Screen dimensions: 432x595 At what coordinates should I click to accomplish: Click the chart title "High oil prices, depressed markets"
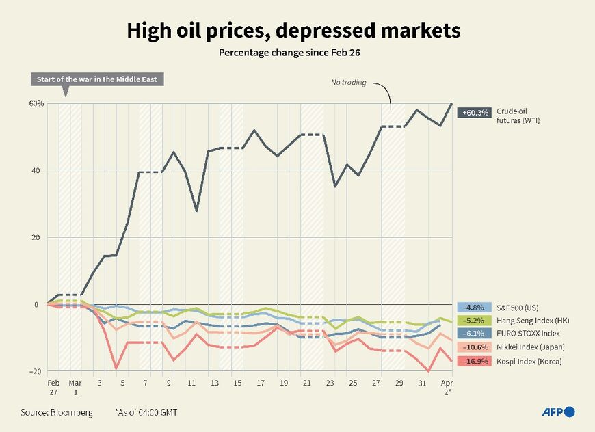pos(293,31)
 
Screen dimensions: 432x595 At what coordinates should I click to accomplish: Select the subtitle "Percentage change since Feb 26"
pos(293,53)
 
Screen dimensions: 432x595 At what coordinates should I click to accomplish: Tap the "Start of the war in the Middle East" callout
pos(96,79)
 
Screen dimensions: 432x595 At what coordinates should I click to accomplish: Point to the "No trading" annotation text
pos(349,83)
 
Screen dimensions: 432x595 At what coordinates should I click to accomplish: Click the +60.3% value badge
pos(475,113)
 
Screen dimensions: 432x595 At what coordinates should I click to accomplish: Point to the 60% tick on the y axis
pos(36,103)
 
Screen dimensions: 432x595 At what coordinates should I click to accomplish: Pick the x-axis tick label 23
pos(330,384)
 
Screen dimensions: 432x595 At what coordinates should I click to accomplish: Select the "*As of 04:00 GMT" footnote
pos(148,413)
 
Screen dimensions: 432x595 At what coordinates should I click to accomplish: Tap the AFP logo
pos(558,411)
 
